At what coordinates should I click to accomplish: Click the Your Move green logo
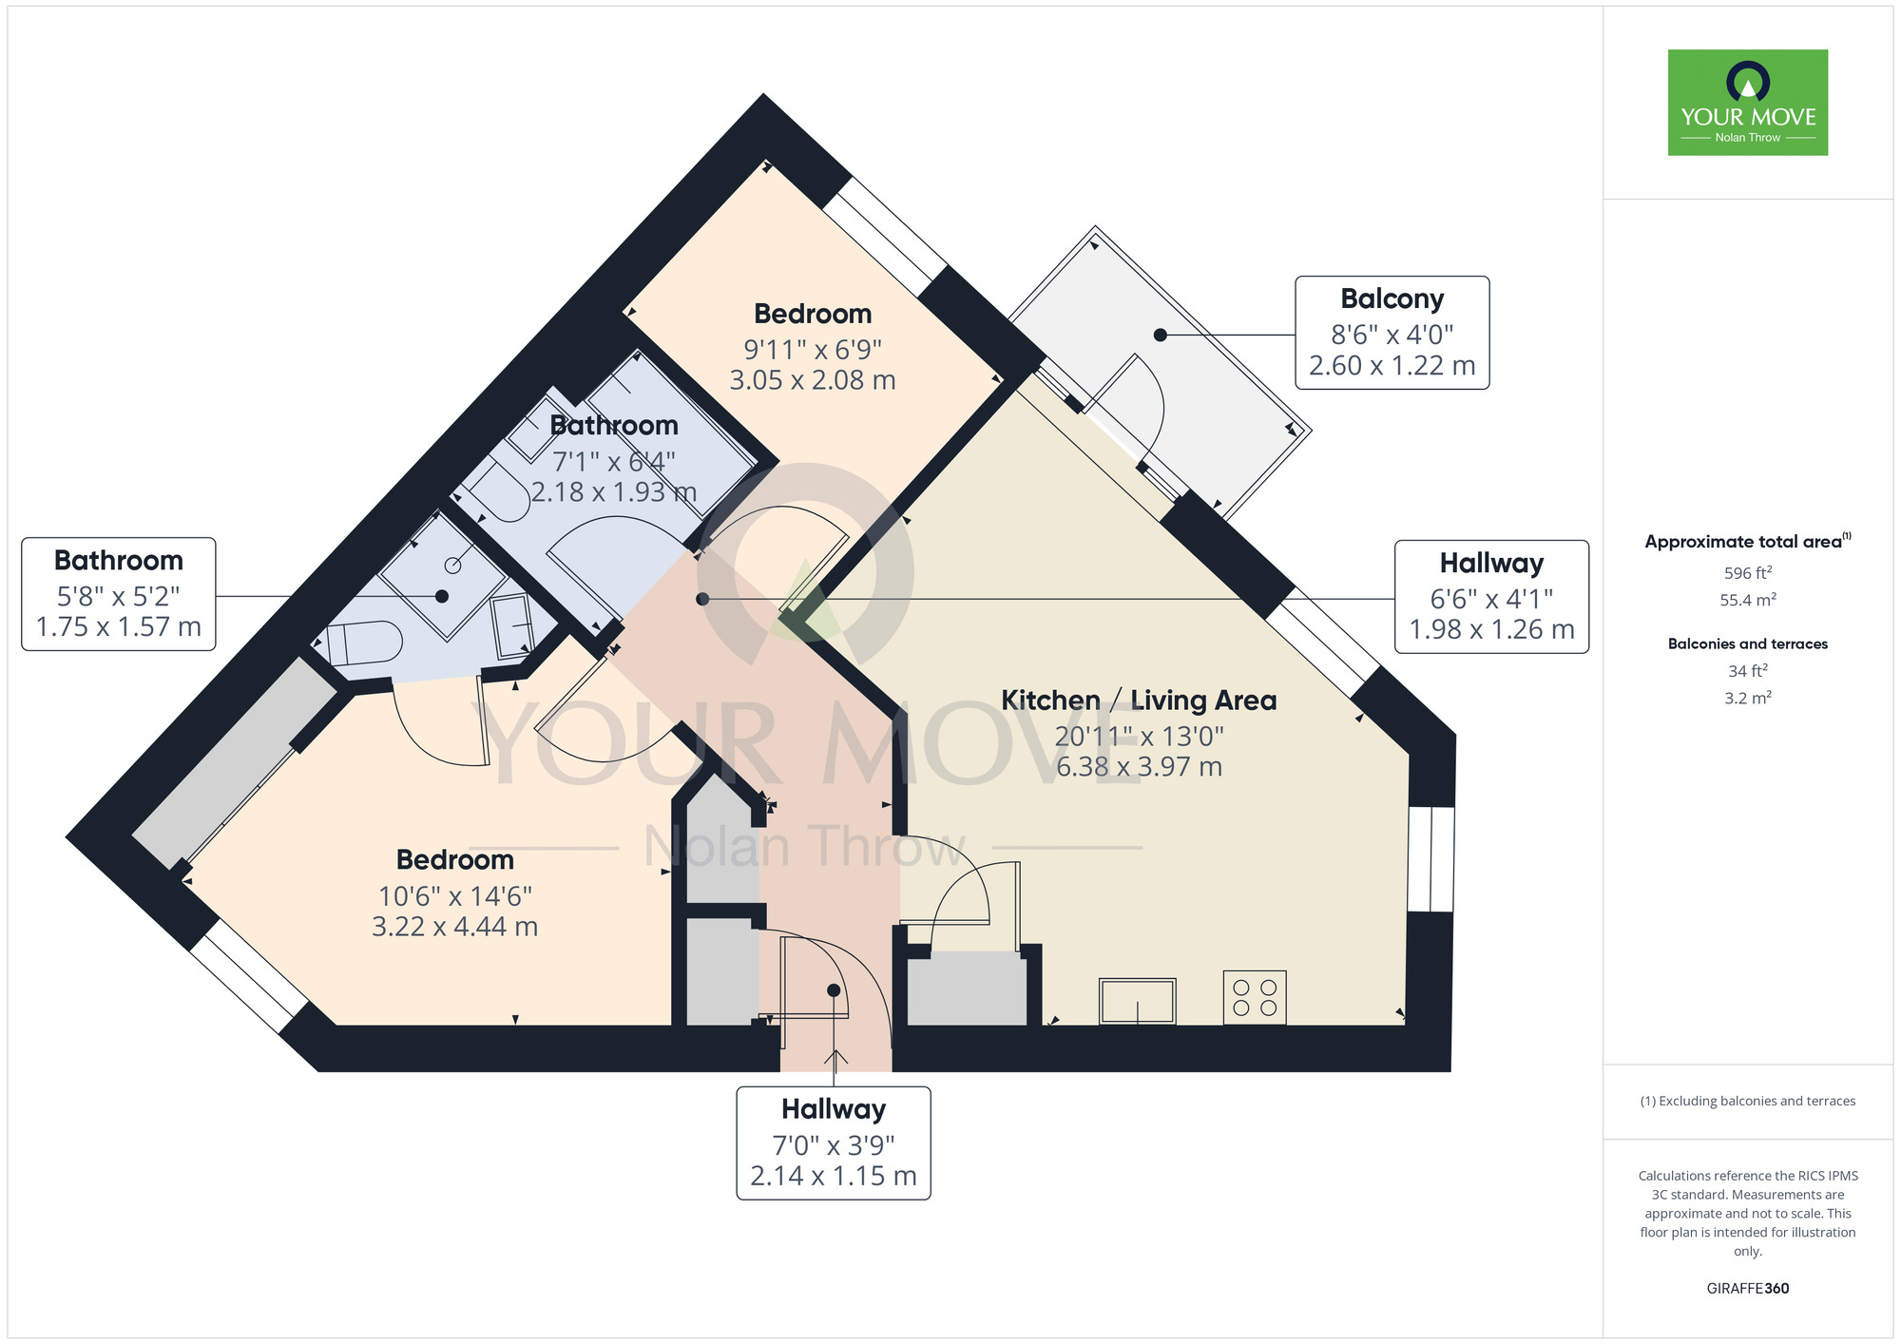tap(1748, 103)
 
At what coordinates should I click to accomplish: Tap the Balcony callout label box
tap(1392, 333)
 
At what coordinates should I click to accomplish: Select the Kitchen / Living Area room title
tap(1139, 701)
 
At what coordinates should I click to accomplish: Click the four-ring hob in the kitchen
tap(1255, 997)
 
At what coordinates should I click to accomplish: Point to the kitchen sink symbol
tap(1138, 1001)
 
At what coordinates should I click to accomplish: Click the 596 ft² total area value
tap(1748, 573)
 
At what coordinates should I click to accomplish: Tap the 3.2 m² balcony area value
tap(1748, 698)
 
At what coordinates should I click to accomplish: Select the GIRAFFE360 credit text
tap(1748, 1289)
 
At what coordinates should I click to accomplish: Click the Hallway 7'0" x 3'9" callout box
tap(834, 1143)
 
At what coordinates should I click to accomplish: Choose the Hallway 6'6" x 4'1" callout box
tap(1491, 597)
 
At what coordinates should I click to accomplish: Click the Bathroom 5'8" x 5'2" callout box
tap(119, 594)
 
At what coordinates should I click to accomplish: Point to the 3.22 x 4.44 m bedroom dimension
tap(455, 927)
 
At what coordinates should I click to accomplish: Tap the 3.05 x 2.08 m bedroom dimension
tap(813, 380)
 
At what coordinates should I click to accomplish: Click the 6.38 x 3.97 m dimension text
tap(1140, 767)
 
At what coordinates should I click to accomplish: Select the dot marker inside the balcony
tap(1161, 335)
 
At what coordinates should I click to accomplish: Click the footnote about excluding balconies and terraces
tap(1748, 1102)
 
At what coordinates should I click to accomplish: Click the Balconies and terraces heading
tap(1748, 644)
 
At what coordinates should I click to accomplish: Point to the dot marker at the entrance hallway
tap(834, 990)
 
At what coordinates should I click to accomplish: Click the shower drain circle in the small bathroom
tap(453, 566)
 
